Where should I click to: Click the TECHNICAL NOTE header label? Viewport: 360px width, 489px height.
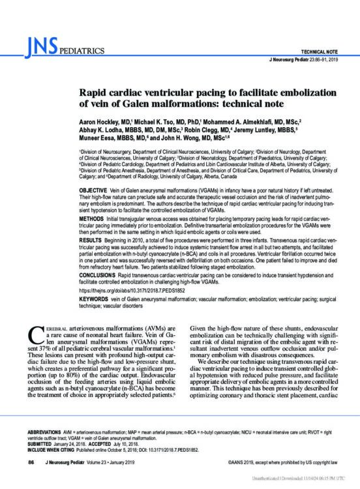pos(316,50)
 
